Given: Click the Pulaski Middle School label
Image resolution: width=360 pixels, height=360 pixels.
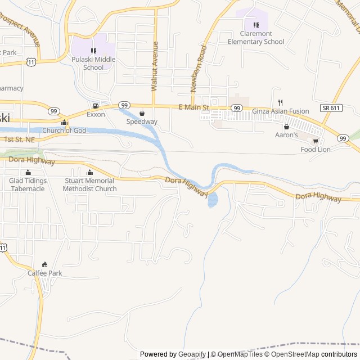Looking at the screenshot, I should [93, 64].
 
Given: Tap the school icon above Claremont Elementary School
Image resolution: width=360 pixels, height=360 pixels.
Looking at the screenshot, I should [256, 25].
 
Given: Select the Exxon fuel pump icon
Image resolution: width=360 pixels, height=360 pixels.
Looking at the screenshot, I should [96, 106].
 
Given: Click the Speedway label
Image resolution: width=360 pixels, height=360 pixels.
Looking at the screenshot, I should [142, 121].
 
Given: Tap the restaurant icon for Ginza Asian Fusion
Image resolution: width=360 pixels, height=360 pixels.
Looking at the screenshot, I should [280, 102].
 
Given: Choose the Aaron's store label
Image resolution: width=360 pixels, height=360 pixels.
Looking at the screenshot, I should [286, 136].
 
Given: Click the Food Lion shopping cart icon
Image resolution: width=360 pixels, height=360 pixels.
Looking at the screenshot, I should [316, 141].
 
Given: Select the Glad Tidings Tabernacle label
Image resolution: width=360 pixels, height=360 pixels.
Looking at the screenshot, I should [27, 184].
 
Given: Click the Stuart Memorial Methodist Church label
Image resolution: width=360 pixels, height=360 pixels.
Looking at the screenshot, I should [90, 184].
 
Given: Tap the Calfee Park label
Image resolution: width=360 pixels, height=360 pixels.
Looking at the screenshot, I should [45, 273].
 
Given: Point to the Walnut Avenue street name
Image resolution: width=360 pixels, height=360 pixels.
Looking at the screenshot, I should [155, 66].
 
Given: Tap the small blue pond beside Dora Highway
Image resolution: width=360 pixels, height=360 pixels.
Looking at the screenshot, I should [212, 199].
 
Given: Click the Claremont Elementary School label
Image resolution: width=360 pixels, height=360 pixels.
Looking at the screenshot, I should [256, 38].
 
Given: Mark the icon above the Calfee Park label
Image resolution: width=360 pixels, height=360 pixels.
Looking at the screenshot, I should [45, 264].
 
